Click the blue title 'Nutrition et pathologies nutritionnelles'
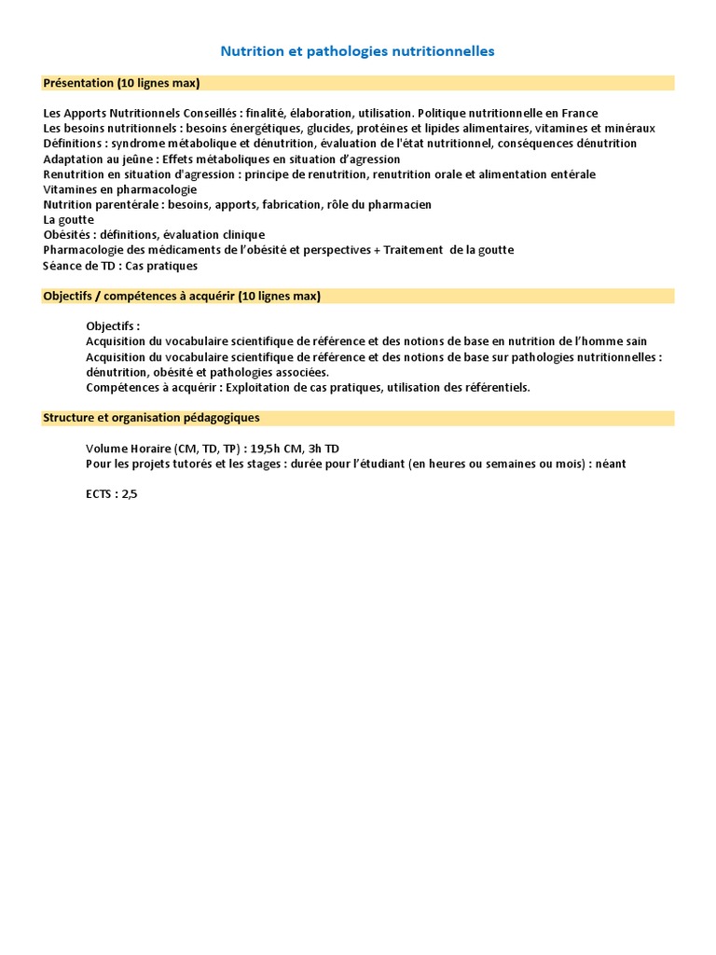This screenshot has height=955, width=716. (x=357, y=51)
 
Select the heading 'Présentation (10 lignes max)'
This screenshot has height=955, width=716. (x=121, y=83)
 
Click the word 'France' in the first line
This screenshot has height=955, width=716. (x=579, y=114)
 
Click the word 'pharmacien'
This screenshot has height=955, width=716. (x=401, y=204)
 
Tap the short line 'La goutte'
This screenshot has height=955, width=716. (x=69, y=220)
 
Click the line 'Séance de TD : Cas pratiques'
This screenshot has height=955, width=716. (x=120, y=266)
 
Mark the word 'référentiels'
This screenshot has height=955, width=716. (x=495, y=387)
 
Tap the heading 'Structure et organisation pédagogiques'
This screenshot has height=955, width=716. (x=151, y=418)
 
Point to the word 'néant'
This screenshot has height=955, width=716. (x=608, y=464)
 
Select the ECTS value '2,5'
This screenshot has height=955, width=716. (x=128, y=494)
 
